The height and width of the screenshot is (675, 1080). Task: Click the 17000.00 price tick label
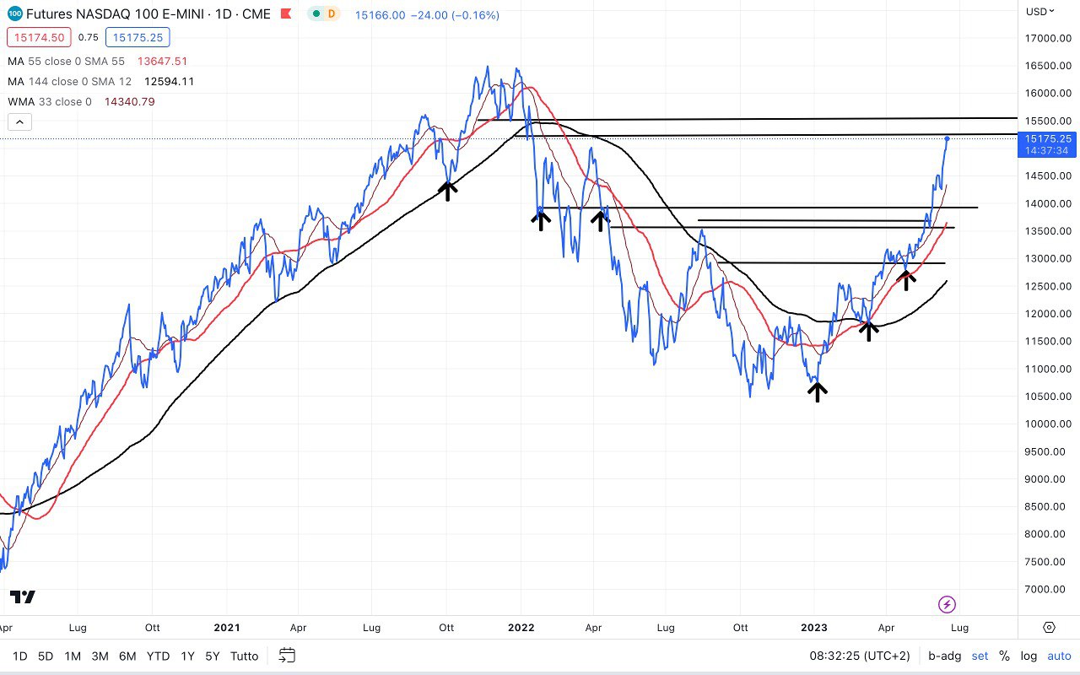(1047, 38)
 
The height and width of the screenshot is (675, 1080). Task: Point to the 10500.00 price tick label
(1047, 397)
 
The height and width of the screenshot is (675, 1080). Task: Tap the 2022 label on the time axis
(521, 628)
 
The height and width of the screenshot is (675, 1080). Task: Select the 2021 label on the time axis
(227, 628)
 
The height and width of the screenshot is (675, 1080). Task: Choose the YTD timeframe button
(158, 656)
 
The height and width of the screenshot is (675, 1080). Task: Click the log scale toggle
(1029, 656)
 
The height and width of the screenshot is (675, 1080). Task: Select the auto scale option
(1059, 656)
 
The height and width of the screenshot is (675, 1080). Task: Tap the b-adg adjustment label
(944, 656)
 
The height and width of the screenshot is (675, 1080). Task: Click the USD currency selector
(1039, 11)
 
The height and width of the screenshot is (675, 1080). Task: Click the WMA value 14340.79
(129, 102)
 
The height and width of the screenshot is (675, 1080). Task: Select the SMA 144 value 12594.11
(170, 82)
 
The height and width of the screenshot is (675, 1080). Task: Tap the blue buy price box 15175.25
(138, 37)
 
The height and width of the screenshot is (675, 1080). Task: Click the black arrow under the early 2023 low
(817, 391)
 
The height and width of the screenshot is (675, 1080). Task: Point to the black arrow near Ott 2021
(447, 190)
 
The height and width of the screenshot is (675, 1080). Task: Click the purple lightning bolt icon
(947, 604)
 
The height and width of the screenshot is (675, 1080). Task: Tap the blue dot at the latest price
(948, 138)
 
